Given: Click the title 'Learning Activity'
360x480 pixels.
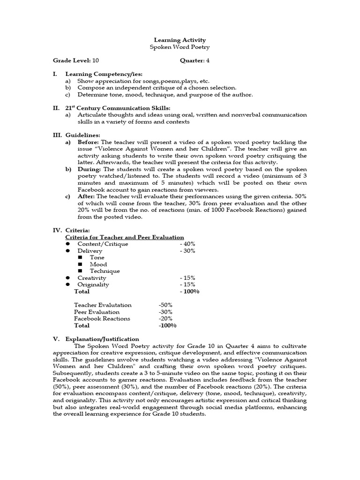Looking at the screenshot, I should [x=180, y=40].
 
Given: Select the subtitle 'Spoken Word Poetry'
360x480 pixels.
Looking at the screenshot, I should [x=180, y=47].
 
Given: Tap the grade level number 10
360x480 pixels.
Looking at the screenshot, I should [x=96, y=60].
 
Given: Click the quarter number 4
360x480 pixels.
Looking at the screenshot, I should [x=208, y=60].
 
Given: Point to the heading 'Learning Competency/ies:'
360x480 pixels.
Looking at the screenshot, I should [x=97, y=74].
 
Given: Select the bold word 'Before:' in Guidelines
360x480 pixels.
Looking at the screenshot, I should [x=89, y=142].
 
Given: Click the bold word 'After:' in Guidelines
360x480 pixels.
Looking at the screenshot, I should [x=86, y=196].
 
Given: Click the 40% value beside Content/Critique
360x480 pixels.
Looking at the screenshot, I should [x=187, y=244].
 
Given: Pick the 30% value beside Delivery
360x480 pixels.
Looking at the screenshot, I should [x=187, y=251].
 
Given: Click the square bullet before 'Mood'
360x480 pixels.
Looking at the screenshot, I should [x=80, y=264].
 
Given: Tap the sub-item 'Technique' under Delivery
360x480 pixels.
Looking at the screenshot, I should [x=105, y=271].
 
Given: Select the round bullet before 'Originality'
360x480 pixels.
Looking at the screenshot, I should [x=67, y=285].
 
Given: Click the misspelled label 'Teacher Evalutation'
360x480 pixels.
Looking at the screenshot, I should [x=103, y=305].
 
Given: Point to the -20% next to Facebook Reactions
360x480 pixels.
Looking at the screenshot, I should [x=165, y=319].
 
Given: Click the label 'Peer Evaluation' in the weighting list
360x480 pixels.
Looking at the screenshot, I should [x=97, y=312].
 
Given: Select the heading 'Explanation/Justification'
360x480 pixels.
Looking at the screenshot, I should [x=102, y=339].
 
